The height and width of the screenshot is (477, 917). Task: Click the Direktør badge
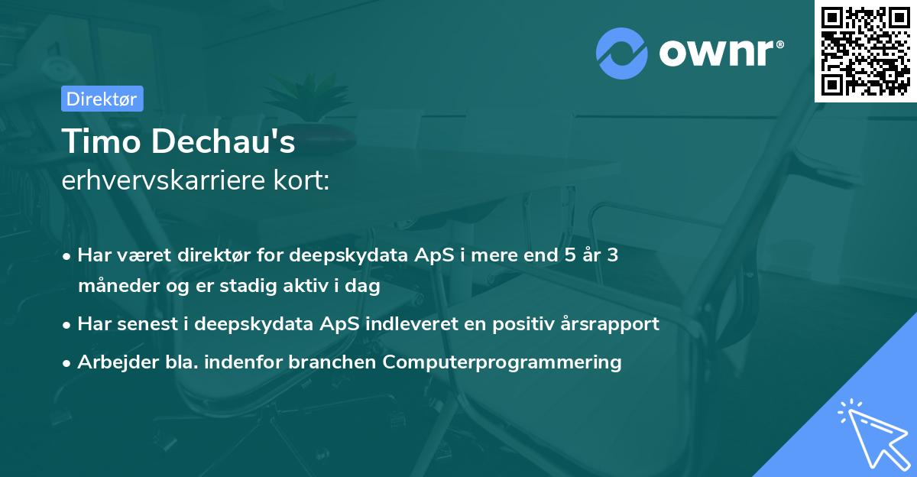pyautogui.click(x=102, y=99)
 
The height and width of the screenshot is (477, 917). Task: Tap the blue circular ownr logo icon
pyautogui.click(x=623, y=53)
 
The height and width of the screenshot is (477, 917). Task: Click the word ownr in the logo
pyautogui.click(x=721, y=53)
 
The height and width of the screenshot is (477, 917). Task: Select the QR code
pyautogui.click(x=866, y=50)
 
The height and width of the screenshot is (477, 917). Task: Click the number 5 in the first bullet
pyautogui.click(x=568, y=255)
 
